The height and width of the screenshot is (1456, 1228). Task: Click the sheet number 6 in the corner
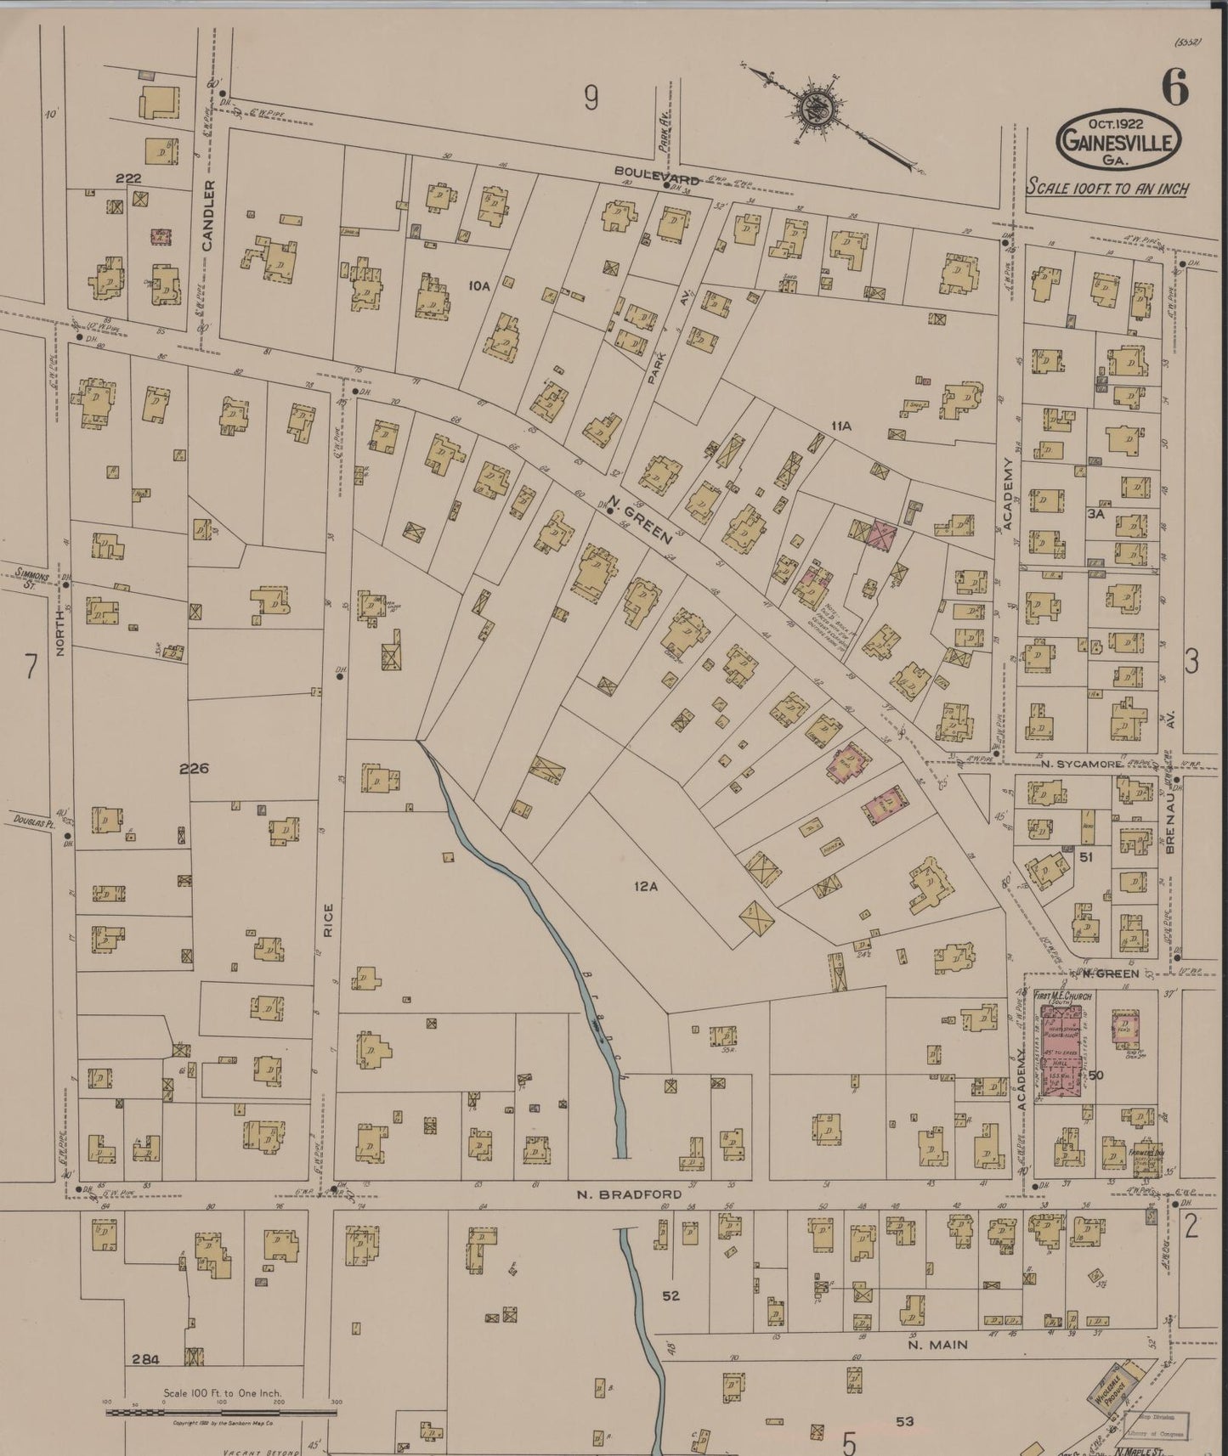click(1175, 89)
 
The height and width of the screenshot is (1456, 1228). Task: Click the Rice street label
click(328, 920)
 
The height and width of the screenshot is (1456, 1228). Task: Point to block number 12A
click(646, 887)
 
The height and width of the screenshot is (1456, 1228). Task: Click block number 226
click(194, 768)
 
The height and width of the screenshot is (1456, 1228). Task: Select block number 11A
click(841, 426)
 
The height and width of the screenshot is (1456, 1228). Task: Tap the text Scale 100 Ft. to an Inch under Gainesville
click(1107, 188)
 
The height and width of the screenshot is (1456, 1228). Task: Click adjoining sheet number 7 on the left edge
click(31, 667)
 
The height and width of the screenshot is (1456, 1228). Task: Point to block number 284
click(146, 1359)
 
